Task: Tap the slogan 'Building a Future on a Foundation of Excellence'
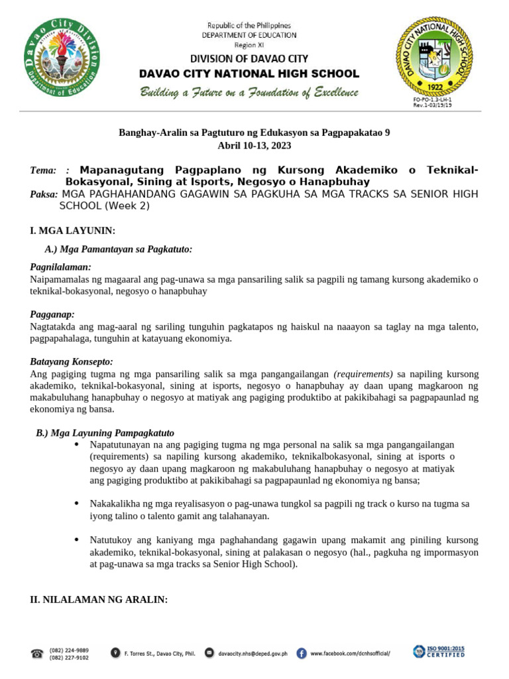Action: point(249,92)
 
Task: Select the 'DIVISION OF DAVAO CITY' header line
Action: point(249,59)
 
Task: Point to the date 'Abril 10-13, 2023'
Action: point(254,145)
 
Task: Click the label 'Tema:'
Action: point(43,170)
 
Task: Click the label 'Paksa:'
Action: point(44,194)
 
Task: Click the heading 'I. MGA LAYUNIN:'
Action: point(73,230)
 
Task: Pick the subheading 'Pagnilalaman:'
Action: point(60,267)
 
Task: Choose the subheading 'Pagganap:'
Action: point(52,314)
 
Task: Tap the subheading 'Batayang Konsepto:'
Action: point(72,361)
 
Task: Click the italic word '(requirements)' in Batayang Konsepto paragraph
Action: point(363,374)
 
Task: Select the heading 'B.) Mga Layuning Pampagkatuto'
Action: point(105,433)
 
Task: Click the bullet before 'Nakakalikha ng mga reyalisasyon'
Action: point(77,503)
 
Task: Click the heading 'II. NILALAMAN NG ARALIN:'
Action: point(99,599)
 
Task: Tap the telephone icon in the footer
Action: point(37,653)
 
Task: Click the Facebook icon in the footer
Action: point(302,653)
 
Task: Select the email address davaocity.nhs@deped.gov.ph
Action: point(253,653)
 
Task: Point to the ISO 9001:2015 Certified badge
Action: point(439,651)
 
